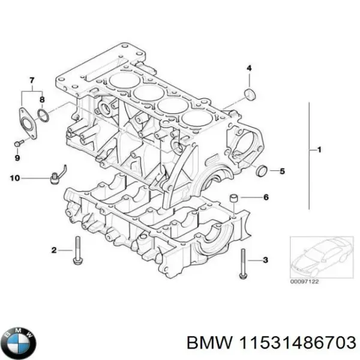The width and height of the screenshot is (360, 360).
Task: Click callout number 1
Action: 319,149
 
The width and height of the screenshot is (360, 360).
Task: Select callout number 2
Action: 53,250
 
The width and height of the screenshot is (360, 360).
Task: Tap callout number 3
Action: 266,260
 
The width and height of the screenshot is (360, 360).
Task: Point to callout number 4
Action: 249,68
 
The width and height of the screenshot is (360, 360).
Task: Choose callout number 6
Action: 266,197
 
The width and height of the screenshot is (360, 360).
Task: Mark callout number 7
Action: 32,80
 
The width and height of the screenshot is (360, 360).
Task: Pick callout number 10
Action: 15,178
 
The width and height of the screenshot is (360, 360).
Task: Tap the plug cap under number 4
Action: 250,94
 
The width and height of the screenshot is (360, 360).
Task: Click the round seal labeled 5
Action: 263,171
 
